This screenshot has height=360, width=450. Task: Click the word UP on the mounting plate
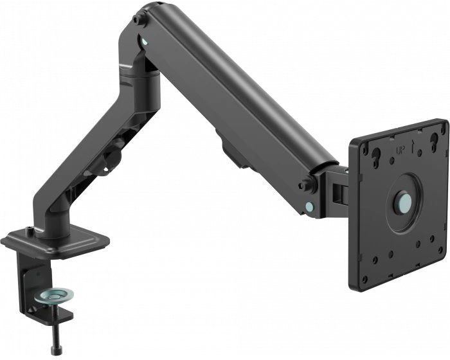pos(401,150)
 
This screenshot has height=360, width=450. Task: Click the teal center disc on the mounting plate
pos(404,203)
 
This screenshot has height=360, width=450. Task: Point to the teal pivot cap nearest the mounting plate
pos(309,206)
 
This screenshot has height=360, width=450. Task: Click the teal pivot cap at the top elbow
pos(145,40)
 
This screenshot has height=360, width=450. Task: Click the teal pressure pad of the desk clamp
pos(53,296)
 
